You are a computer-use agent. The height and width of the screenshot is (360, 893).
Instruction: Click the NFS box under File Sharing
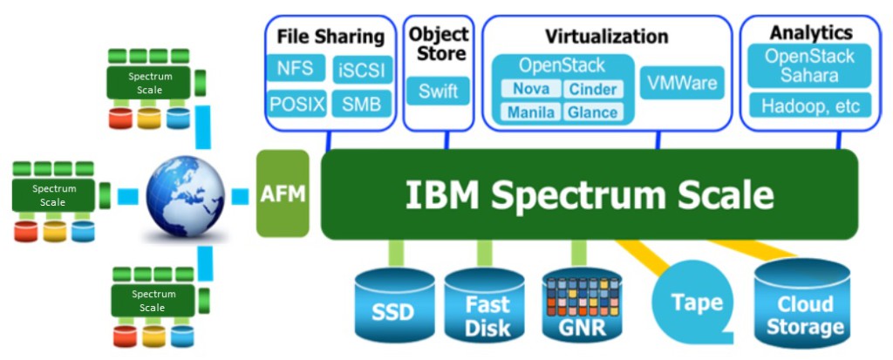pos(297,69)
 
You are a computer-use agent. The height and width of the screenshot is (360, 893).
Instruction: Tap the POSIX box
pos(297,105)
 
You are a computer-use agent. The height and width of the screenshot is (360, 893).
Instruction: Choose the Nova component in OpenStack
pos(530,89)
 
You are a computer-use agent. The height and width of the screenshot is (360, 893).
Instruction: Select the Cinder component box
pos(593,89)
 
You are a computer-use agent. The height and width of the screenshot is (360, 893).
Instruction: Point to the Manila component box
pos(530,112)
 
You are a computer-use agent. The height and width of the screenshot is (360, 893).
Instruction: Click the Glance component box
pos(593,112)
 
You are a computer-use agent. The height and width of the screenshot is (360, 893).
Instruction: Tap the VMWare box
pos(682,84)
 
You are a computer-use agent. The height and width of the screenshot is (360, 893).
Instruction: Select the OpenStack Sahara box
pos(809,65)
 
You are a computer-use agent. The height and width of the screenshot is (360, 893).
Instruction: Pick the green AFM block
pos(283,194)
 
